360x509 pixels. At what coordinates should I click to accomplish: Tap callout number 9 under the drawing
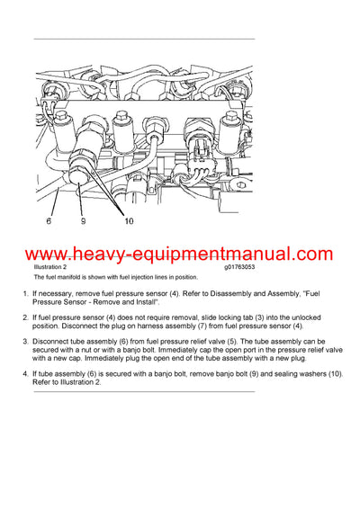[x=82, y=220]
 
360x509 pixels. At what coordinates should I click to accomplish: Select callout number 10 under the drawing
[x=128, y=220]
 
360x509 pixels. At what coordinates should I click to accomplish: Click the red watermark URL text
[x=180, y=254]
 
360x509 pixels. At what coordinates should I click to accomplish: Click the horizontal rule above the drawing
[x=144, y=39]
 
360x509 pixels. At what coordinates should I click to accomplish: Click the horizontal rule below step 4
[x=144, y=392]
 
